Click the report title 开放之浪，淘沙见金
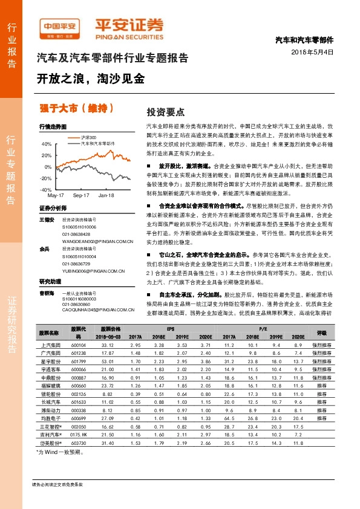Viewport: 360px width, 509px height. pos(91,79)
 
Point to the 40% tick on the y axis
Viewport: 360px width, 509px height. pos(47,144)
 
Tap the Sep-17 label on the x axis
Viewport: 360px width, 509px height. pos(81,196)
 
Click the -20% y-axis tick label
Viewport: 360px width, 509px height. pos(46,178)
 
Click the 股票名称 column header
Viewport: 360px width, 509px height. pos(49,332)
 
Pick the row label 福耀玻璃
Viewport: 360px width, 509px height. pos(49,384)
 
